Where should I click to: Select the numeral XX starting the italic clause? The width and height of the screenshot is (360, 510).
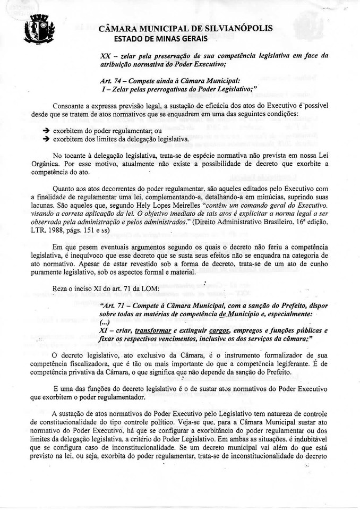[x=105, y=56]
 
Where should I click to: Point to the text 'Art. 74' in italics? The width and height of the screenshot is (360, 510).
[x=109, y=80]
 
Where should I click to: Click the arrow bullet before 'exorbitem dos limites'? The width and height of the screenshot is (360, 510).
[x=46, y=139]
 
